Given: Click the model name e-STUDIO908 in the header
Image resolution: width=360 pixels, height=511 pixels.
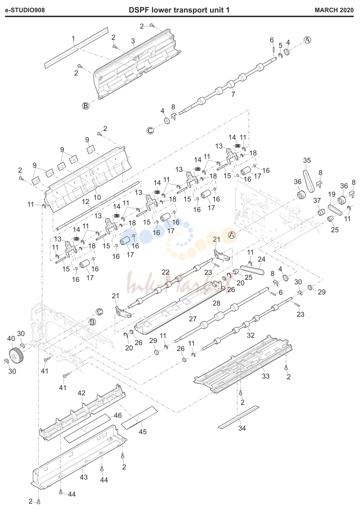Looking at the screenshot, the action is point(25,10).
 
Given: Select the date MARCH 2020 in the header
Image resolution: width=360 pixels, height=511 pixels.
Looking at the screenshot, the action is point(334,10).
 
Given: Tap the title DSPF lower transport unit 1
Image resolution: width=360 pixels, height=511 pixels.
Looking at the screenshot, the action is point(179,10).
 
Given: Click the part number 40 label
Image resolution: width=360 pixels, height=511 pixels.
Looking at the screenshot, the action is point(11,338).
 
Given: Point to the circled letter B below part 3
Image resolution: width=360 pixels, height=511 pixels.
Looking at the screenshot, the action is point(86,106).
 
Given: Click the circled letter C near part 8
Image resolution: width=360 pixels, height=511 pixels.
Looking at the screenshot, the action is point(150,131).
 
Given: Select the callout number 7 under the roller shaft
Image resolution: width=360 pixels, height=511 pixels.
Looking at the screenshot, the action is point(233,94).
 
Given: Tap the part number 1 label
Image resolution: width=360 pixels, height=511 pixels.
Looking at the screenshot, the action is point(73,39).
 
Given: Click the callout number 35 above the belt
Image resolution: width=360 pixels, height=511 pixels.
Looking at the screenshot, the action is point(307,160).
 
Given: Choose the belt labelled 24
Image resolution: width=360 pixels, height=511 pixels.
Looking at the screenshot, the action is point(252,270).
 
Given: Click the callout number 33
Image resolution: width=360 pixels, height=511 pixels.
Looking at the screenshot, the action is point(266,376).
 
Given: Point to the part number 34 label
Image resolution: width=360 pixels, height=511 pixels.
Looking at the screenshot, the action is point(242,428).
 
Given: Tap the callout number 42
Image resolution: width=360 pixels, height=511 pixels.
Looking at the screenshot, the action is point(81,393).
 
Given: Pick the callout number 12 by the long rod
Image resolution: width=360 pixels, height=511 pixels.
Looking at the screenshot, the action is point(86,202).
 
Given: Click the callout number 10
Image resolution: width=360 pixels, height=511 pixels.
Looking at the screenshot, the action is point(97,197).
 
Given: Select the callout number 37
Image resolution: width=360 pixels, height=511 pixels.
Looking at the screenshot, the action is point(317,200).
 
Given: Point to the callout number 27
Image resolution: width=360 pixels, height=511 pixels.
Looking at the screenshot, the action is point(193,319).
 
